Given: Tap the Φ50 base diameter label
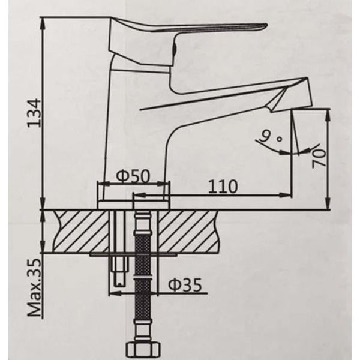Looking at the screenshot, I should coord(133,176).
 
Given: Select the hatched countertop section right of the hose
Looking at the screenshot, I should coord(192,231).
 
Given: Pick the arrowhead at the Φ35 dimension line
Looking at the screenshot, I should coord(113,293).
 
